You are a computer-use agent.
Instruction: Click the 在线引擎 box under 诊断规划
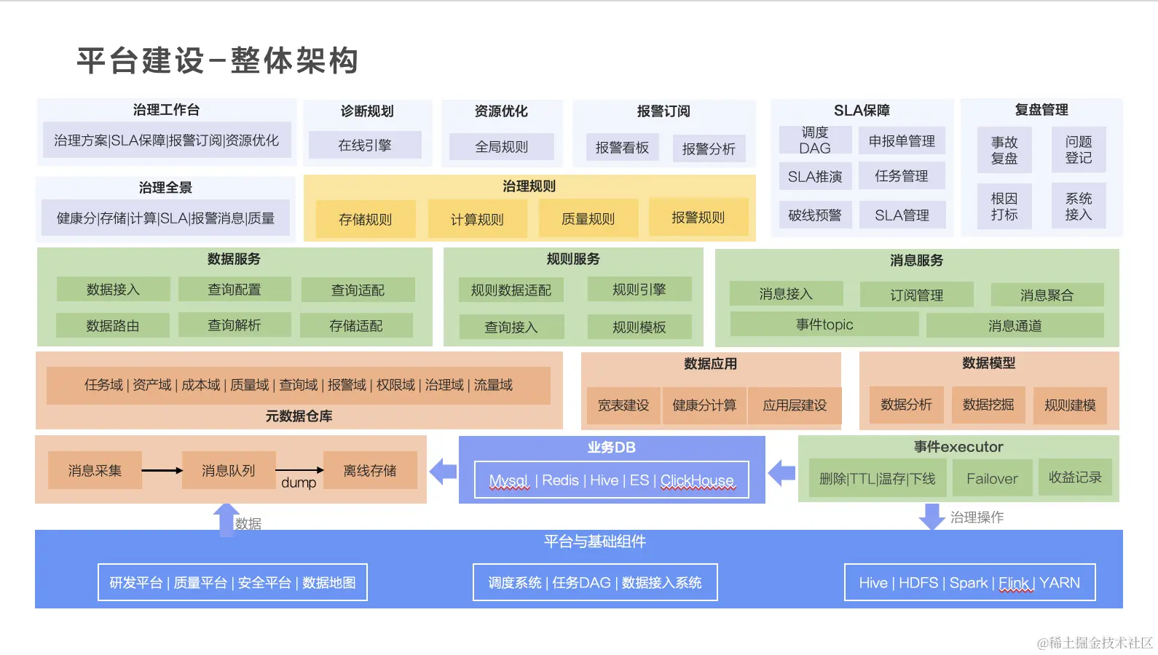point(365,145)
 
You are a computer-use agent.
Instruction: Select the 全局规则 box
point(501,146)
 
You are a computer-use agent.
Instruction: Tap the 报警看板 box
point(622,147)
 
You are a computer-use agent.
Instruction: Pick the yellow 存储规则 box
point(365,218)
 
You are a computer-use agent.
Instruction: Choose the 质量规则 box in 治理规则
point(588,218)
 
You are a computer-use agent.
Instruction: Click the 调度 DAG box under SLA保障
point(815,140)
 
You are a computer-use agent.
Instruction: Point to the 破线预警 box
point(815,215)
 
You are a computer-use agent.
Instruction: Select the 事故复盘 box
point(1004,150)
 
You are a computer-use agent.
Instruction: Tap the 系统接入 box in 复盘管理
point(1078,206)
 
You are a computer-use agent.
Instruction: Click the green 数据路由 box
point(113,325)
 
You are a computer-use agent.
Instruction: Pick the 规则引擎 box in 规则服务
point(639,289)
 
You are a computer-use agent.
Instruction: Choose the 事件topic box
point(824,325)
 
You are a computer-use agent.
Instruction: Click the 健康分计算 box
point(704,405)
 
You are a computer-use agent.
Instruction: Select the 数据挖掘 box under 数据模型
point(988,405)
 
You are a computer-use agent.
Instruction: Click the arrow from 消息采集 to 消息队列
point(162,470)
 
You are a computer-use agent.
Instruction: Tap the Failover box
point(991,478)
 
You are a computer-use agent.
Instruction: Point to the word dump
point(299,483)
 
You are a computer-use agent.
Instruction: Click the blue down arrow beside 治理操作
point(931,515)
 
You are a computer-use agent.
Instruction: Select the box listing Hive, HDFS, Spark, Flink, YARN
point(969,582)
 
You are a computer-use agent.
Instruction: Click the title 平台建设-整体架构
point(218,60)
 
